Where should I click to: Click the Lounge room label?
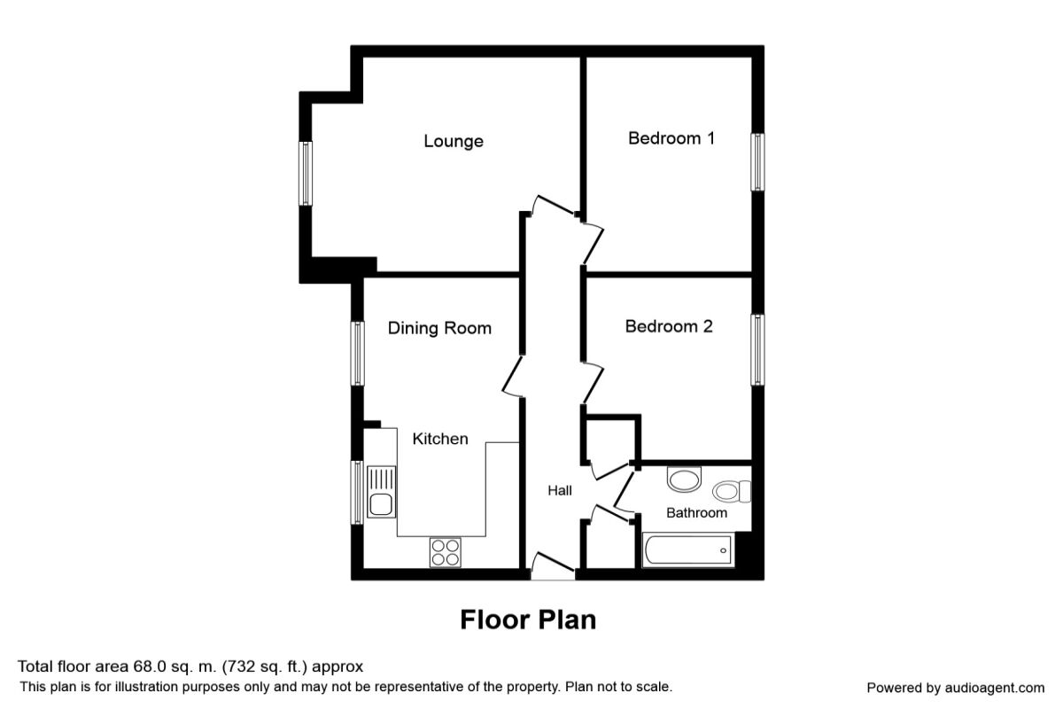tap(453, 141)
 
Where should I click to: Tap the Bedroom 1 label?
tap(671, 138)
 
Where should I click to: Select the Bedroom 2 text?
tap(668, 326)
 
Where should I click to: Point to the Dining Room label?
tap(439, 328)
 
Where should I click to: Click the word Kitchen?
tap(440, 439)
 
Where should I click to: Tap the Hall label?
tap(559, 490)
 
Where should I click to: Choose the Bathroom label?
tap(696, 512)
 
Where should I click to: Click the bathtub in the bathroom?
tap(687, 551)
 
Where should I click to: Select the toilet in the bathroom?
tap(732, 490)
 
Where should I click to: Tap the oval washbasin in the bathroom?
tap(683, 480)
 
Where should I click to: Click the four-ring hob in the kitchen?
tap(446, 552)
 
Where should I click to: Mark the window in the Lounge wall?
tap(306, 173)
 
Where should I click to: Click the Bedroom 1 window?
tap(757, 161)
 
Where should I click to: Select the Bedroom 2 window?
tap(758, 349)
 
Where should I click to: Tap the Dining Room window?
tap(358, 353)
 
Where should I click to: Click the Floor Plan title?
tap(528, 619)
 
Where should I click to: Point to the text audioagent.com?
tap(995, 688)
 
